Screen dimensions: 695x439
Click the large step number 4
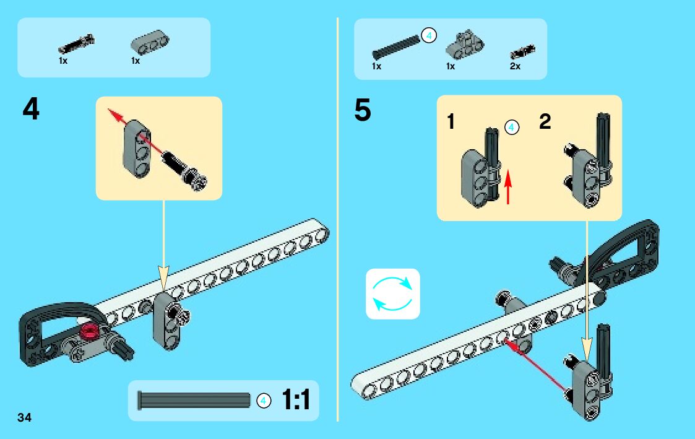tap(30, 110)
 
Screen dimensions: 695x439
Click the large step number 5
tap(363, 111)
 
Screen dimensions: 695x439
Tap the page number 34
tap(24, 417)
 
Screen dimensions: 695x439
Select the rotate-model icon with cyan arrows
tap(392, 293)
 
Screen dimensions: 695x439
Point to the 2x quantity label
tap(515, 66)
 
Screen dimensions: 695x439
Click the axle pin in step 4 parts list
tap(77, 44)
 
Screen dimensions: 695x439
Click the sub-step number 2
tap(545, 122)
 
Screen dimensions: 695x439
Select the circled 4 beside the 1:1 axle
tap(264, 401)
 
